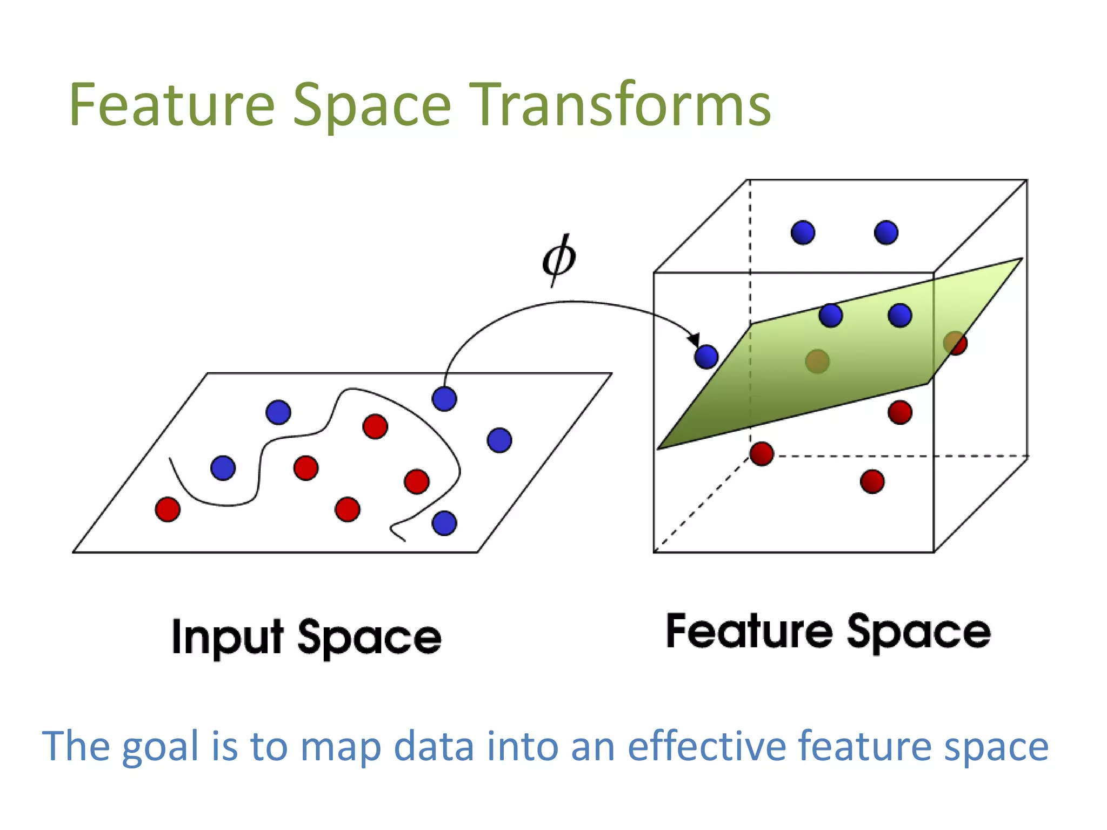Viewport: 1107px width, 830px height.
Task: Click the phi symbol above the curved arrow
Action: (x=559, y=259)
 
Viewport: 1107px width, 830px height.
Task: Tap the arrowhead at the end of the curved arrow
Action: (x=694, y=339)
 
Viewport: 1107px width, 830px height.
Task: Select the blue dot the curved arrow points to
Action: (x=706, y=357)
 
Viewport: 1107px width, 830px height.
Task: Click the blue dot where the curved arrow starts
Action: (x=444, y=399)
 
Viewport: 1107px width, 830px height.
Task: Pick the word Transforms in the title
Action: (x=622, y=105)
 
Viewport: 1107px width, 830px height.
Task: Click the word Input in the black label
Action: (x=228, y=638)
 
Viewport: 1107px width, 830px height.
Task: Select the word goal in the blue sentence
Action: (x=161, y=747)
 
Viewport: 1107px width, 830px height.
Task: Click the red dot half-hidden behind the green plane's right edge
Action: (x=957, y=344)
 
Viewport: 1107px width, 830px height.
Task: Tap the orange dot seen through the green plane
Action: (x=817, y=361)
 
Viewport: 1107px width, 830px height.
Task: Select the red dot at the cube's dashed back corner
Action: (x=762, y=454)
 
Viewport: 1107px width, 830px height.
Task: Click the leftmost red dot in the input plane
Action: (x=168, y=509)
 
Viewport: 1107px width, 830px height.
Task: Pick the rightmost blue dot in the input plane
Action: (x=499, y=440)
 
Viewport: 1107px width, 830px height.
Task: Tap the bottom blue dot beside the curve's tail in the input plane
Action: (x=444, y=523)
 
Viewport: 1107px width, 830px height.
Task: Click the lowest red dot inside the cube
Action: (x=872, y=481)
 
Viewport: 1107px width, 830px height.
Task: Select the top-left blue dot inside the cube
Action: (x=803, y=233)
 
